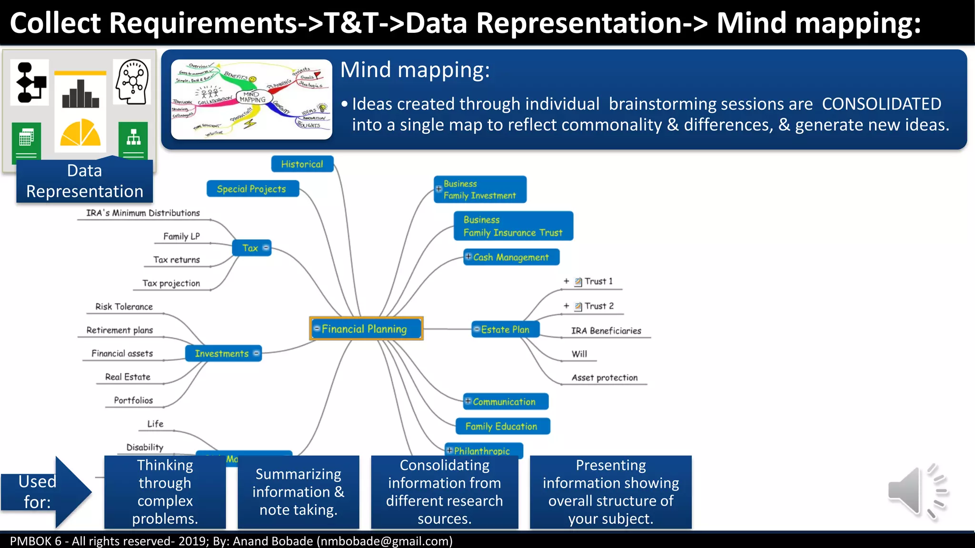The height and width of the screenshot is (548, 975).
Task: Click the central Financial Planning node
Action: pos(366,329)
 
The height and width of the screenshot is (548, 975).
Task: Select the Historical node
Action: pos(302,164)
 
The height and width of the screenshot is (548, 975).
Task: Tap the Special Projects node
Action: pos(252,189)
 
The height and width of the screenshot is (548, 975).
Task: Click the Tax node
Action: pos(251,248)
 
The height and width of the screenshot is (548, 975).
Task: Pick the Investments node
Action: pos(222,353)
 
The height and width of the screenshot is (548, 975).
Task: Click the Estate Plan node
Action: pos(505,329)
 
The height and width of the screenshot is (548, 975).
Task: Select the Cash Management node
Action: pos(511,257)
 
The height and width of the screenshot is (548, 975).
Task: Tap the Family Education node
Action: pos(502,426)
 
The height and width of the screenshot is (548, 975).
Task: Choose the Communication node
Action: pos(505,401)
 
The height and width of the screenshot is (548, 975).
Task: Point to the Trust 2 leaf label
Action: pos(599,306)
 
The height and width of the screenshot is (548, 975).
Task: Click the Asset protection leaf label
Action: pos(604,378)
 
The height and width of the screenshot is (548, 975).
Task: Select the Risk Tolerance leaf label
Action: pos(124,307)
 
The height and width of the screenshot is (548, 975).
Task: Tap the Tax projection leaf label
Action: pos(171,284)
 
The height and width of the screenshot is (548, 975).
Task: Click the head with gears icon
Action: pos(132,81)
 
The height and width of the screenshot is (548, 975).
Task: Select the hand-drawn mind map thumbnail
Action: pos(251,99)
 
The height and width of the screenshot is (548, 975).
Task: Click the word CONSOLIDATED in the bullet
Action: pos(881,104)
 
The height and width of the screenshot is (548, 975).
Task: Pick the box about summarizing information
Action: pos(298,492)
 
